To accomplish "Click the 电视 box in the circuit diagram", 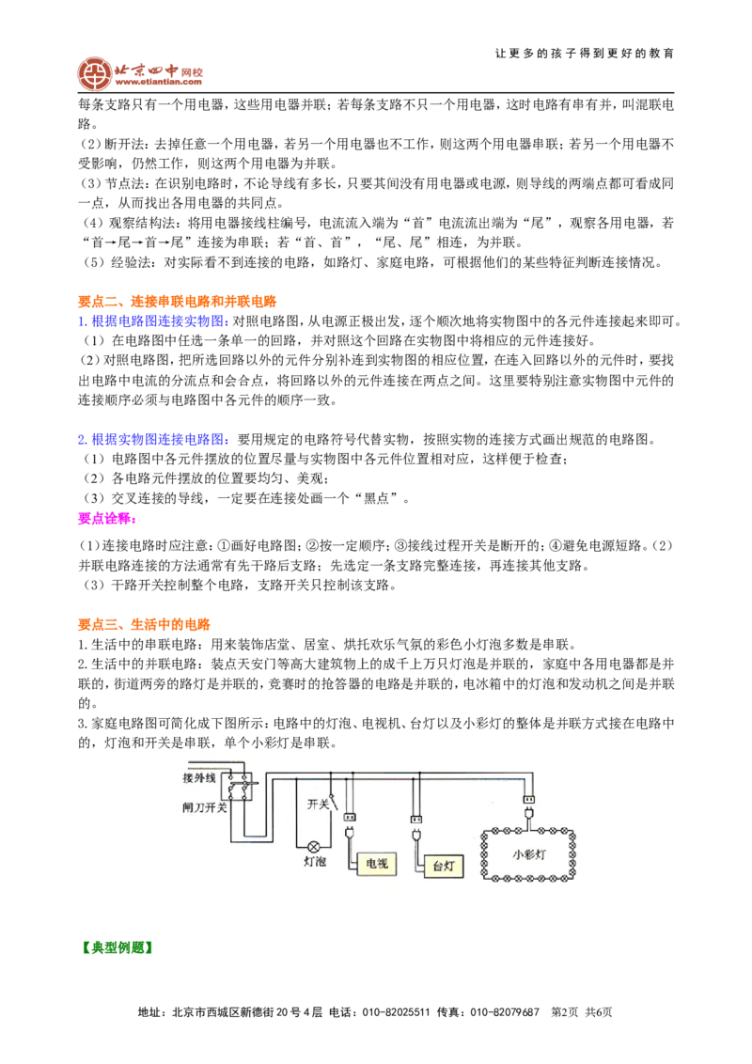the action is [376, 863].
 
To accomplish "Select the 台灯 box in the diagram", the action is [444, 866].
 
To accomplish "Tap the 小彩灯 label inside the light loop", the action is [528, 854].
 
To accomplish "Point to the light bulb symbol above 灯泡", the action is [314, 846].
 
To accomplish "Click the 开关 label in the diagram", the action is [318, 804].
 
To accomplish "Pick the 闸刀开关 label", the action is [204, 807].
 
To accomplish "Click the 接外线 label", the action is [199, 777].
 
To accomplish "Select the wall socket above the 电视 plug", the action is [350, 817].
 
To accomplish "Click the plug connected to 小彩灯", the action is [528, 813].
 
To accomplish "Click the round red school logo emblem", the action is [94, 73].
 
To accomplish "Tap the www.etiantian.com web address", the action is [158, 82].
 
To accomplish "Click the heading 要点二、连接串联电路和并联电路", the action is [177, 302].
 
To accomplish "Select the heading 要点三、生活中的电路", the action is [145, 624].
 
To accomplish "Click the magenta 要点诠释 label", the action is [107, 519].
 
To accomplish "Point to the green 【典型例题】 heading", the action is [115, 947].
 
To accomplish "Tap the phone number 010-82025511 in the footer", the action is [396, 1012].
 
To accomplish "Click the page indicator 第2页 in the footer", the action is [565, 1012].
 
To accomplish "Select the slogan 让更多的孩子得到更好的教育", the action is [585, 54].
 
